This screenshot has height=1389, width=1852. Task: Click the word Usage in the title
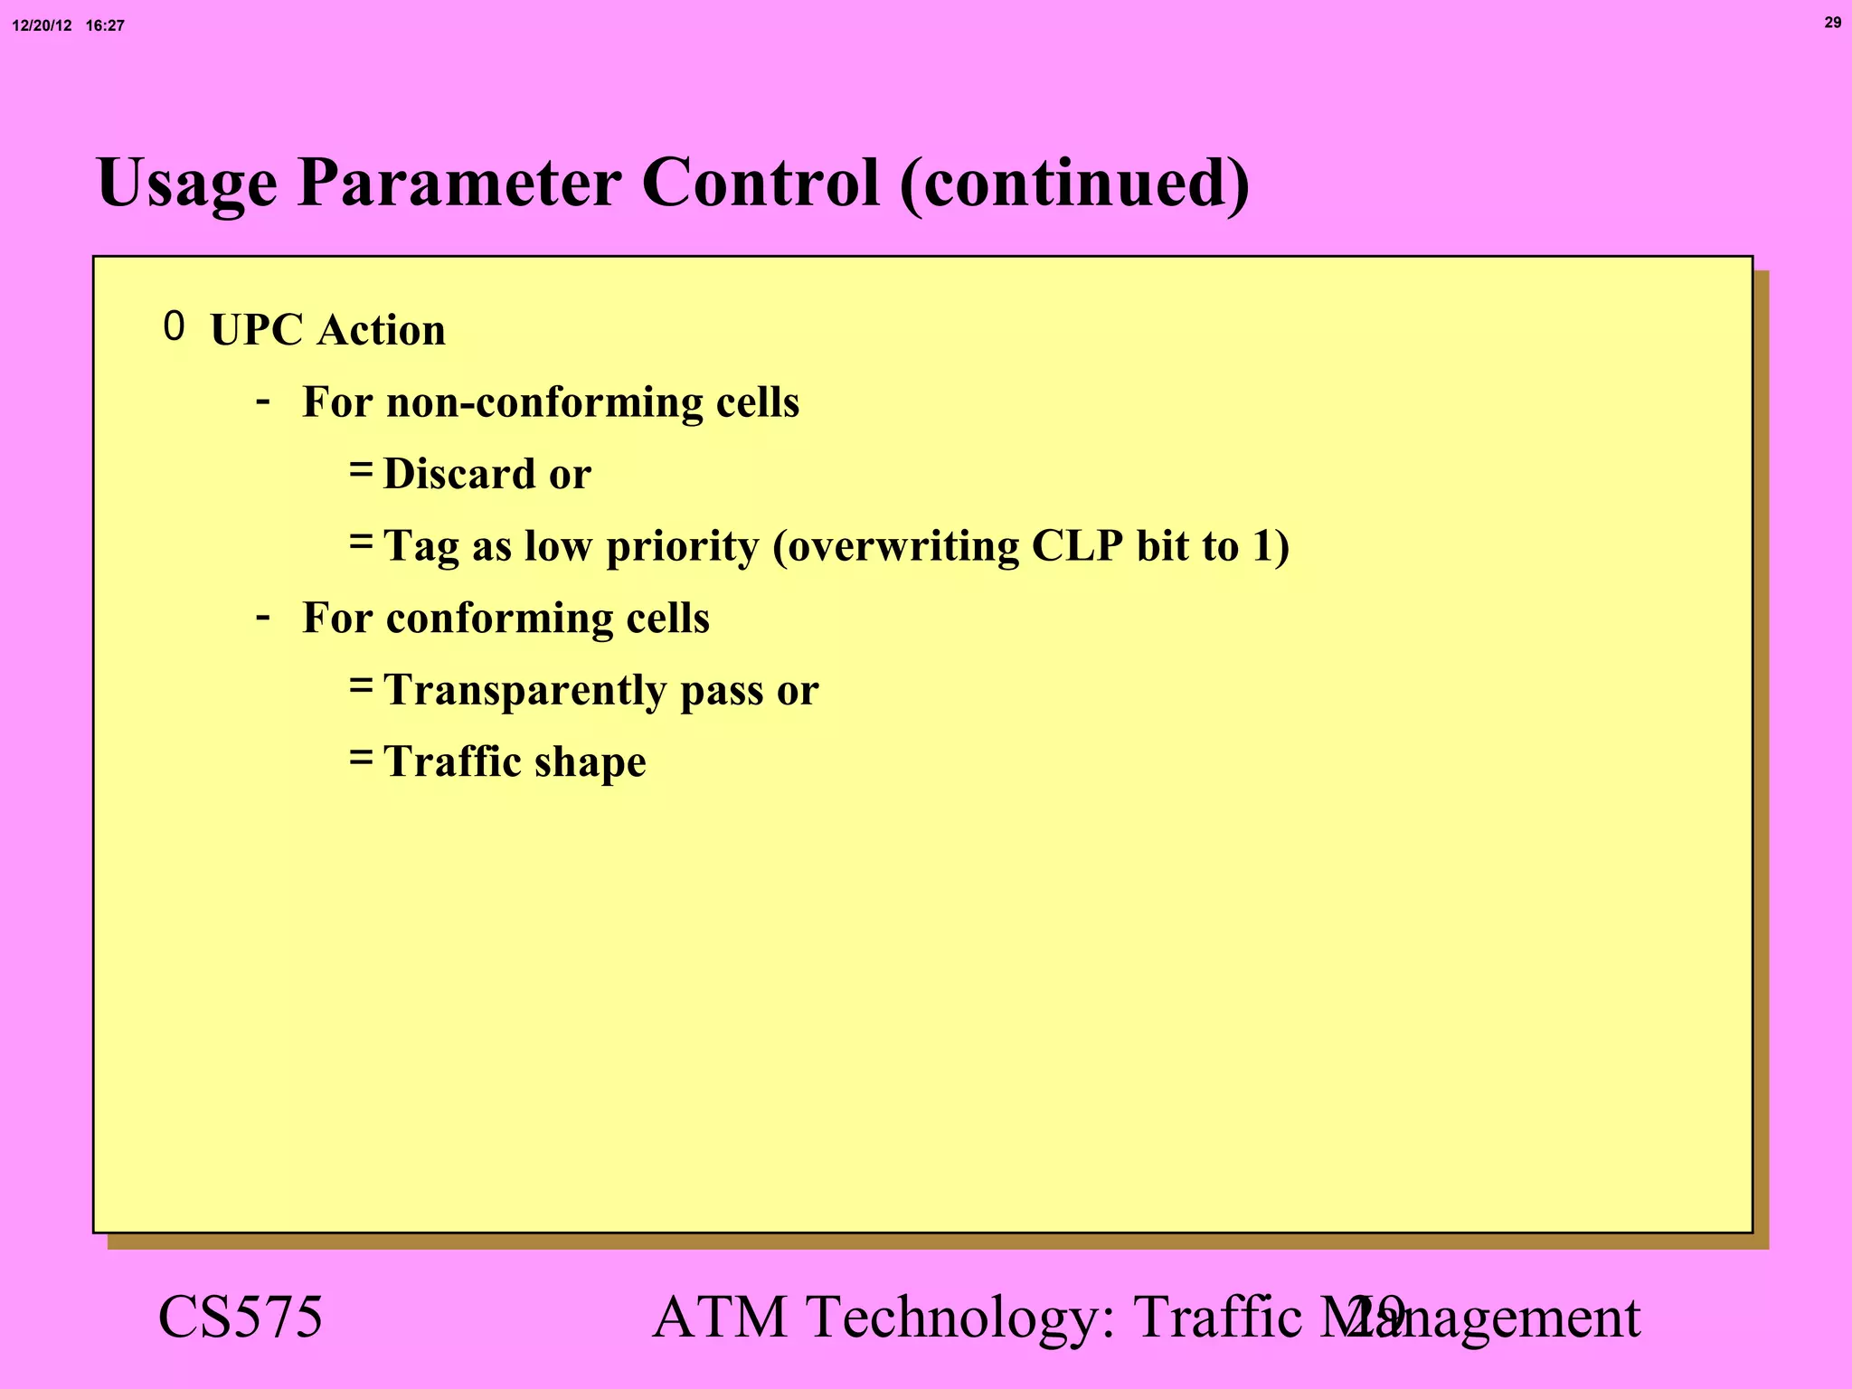pos(186,184)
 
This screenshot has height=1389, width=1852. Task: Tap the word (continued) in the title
pos(1074,184)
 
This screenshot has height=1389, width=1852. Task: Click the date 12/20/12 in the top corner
pos(42,26)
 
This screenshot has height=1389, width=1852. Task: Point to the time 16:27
pos(105,26)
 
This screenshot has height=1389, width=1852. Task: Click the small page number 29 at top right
pos(1832,23)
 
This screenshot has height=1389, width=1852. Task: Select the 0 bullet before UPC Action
pos(174,326)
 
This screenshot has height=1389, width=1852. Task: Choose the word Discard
pos(459,474)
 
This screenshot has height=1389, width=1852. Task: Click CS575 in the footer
pos(240,1317)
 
